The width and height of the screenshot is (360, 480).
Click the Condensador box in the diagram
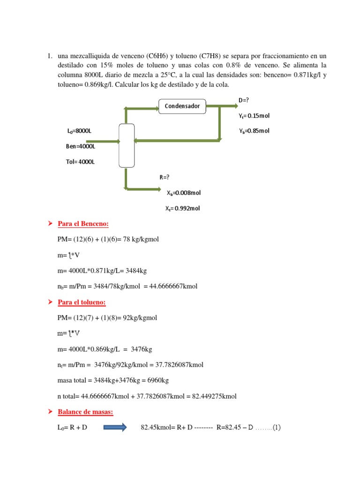tap(182, 106)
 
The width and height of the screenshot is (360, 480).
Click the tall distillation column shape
tap(127, 145)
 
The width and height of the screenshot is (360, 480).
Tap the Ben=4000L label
tap(80, 146)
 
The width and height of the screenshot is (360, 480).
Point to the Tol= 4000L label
tap(80, 162)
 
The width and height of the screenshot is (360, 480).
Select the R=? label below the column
tap(164, 177)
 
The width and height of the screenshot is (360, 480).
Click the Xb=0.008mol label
tap(184, 192)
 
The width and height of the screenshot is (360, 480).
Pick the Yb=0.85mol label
tap(254, 131)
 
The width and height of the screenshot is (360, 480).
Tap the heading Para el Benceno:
tap(83, 224)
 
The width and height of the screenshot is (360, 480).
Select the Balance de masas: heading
tap(85, 412)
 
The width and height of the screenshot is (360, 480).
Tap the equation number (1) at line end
tap(275, 427)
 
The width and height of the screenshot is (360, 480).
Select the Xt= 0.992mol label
tap(182, 208)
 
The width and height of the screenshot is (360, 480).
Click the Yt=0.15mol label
tap(254, 116)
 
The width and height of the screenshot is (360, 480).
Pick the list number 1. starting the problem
tap(49, 56)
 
